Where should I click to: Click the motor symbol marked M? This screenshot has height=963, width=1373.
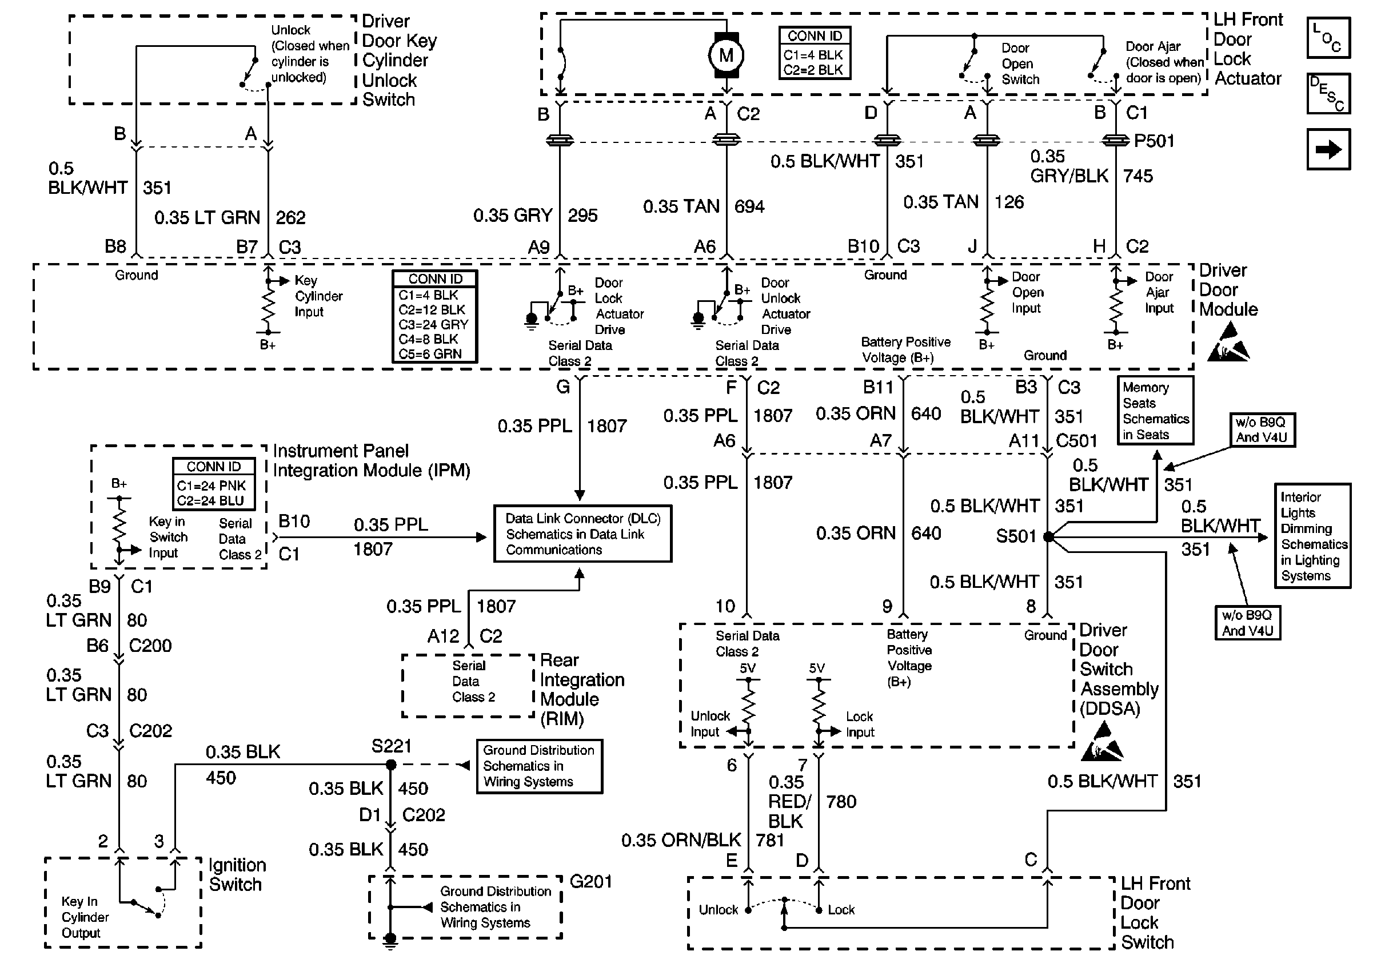[726, 55]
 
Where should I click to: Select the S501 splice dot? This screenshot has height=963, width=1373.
[1048, 536]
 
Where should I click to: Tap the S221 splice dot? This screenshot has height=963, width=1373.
[391, 765]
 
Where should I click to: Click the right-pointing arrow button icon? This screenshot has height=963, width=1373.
[1328, 149]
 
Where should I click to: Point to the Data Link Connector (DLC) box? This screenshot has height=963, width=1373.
[582, 534]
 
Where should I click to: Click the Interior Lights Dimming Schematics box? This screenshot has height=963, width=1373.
[1312, 536]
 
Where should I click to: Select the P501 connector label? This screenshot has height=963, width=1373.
[1154, 141]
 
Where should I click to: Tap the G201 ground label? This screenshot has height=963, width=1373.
[591, 881]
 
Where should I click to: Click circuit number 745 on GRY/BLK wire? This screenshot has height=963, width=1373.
[1137, 176]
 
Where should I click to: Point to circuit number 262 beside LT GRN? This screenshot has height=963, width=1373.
[290, 217]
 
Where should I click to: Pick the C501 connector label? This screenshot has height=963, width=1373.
[1076, 441]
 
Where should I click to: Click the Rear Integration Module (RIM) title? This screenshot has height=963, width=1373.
[581, 689]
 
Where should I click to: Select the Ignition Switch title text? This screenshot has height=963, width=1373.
[237, 874]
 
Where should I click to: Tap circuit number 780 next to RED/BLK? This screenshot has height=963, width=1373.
[841, 802]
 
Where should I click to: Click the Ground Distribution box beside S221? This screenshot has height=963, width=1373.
[539, 766]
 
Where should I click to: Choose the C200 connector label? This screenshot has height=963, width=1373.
[150, 646]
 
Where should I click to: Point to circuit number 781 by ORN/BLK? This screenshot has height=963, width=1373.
[769, 841]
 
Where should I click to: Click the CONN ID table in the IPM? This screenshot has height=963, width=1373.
[213, 484]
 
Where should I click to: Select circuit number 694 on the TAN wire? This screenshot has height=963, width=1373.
[749, 206]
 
